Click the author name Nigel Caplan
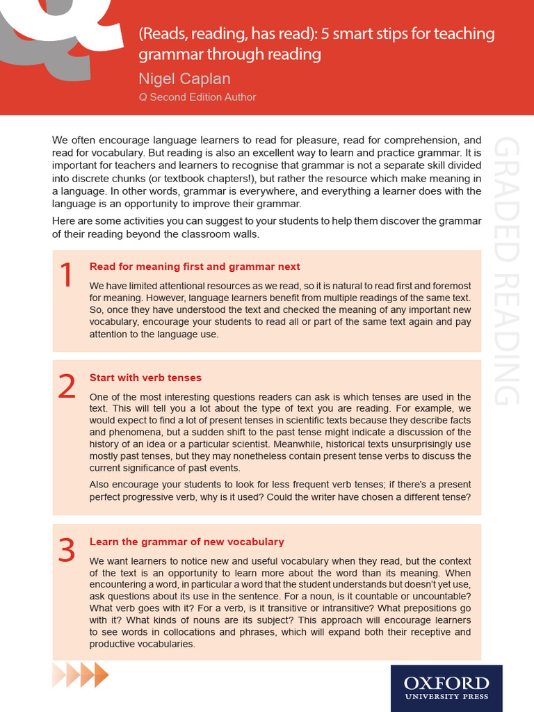pos(184,79)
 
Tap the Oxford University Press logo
pos(446,688)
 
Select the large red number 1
pos(66,276)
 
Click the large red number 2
pos(66,387)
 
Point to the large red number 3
pos(66,551)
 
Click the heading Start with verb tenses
pos(145,378)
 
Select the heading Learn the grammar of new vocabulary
pos(186,542)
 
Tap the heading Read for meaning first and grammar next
pos(195,266)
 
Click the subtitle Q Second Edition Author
pos(197,97)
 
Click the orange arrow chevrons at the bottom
pos(81,674)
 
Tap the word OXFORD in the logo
pos(446,682)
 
